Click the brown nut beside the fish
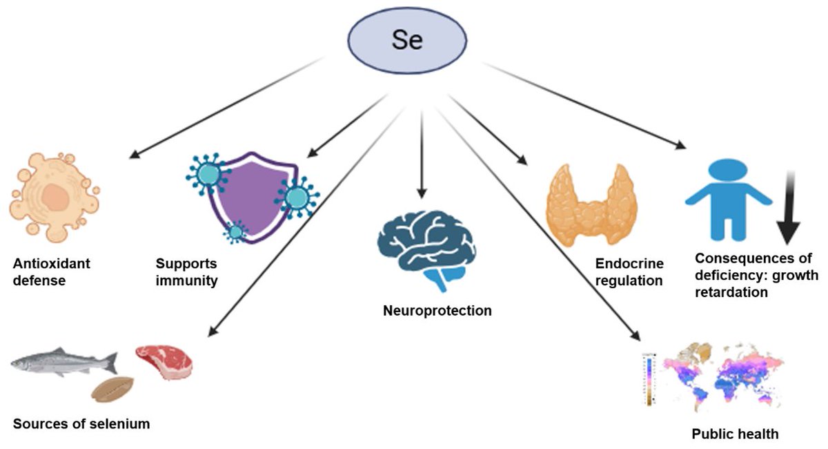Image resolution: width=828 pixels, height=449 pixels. (112, 388)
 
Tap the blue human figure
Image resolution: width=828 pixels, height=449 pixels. (727, 196)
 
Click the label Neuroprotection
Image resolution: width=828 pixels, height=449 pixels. (437, 310)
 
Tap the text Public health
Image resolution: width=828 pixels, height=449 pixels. (735, 434)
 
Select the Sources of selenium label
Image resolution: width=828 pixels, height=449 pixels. (81, 423)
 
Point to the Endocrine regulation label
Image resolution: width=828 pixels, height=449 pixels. (630, 272)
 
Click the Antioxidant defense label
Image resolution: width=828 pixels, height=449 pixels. (51, 272)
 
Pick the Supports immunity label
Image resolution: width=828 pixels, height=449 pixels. (186, 272)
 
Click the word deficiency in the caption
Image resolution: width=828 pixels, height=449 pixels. (725, 276)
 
